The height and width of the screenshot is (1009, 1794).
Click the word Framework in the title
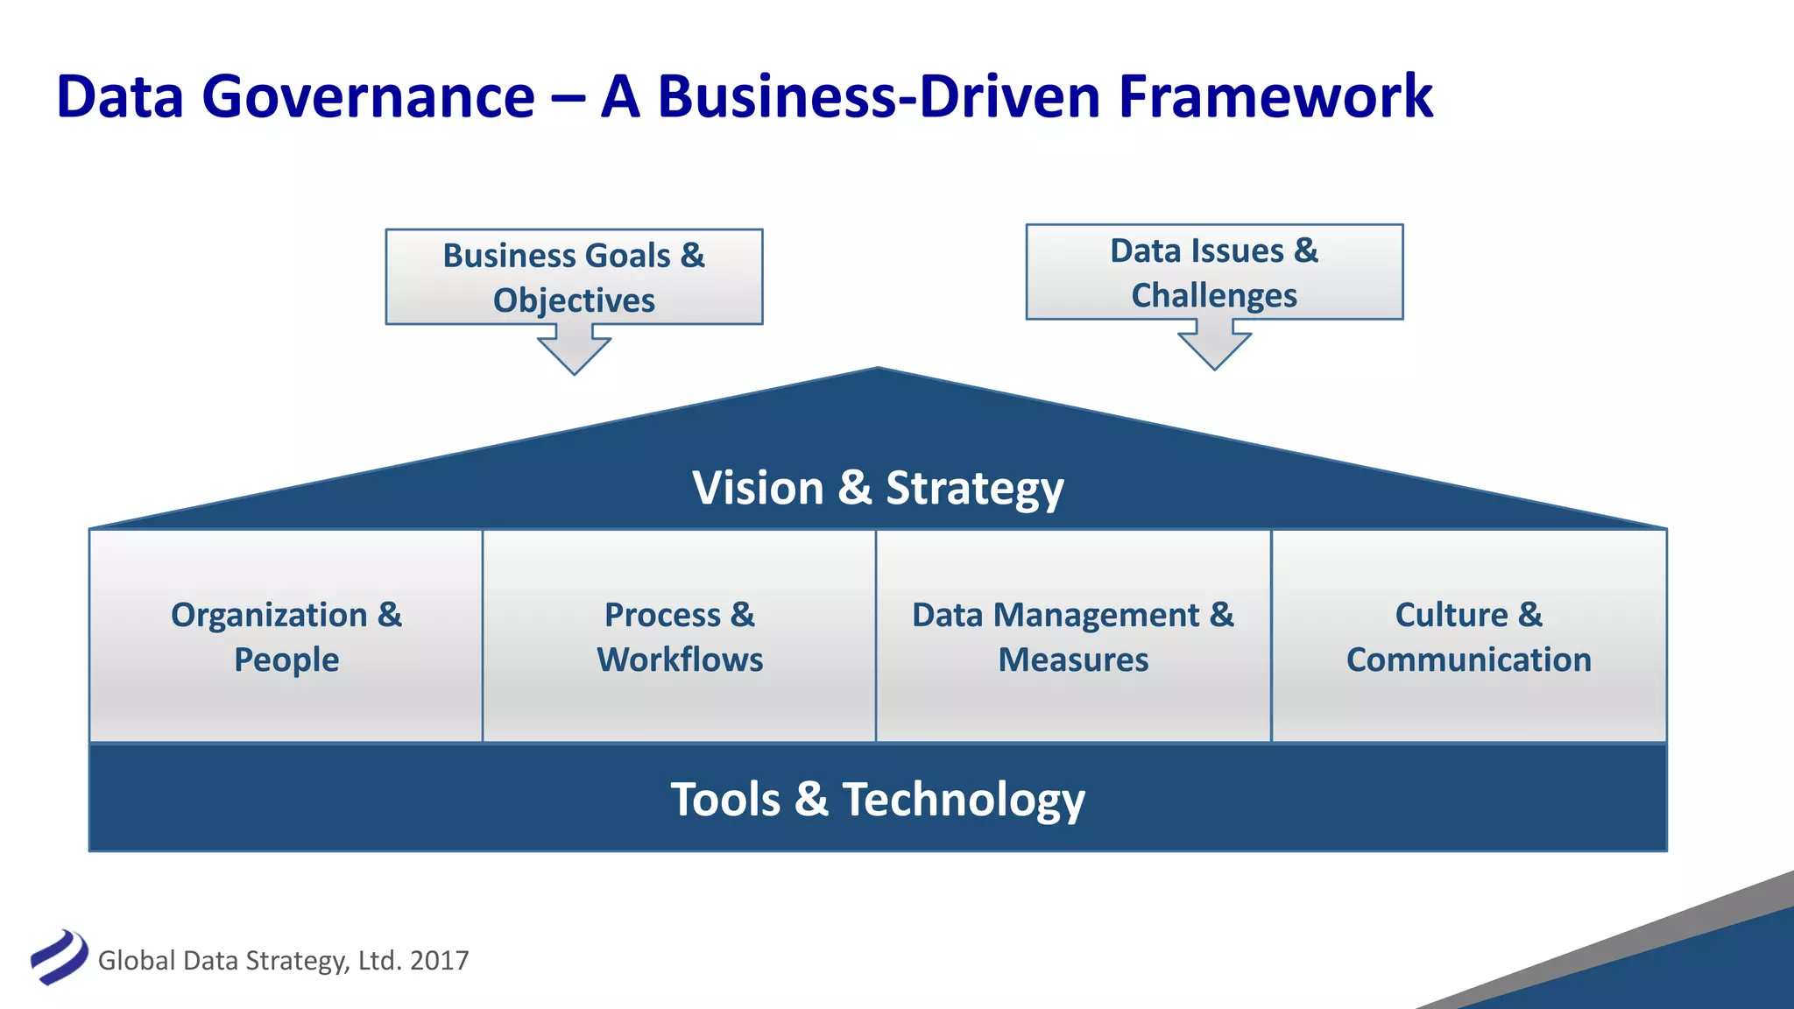click(x=1275, y=96)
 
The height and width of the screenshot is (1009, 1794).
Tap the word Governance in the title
click(x=368, y=96)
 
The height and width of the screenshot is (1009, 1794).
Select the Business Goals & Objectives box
click(x=574, y=277)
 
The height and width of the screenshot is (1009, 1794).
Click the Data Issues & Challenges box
click(x=1214, y=272)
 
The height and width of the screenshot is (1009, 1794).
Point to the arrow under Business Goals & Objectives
click(x=574, y=350)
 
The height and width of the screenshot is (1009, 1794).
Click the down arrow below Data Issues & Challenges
click(x=1214, y=346)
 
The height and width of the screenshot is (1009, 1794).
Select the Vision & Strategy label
click(x=878, y=488)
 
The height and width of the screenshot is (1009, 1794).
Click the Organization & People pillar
click(x=286, y=637)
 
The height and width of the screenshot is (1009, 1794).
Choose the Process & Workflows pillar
click(x=680, y=637)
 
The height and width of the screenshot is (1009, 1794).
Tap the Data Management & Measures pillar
click(x=1073, y=637)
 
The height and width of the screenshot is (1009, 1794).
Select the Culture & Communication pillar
click(x=1468, y=637)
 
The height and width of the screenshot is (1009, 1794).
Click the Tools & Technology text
click(x=878, y=799)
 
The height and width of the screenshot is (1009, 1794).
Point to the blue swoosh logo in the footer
click(x=59, y=956)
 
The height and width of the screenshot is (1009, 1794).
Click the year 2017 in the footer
click(x=439, y=961)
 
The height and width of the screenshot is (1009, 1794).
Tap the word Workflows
click(x=680, y=660)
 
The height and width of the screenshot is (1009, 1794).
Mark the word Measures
click(x=1073, y=660)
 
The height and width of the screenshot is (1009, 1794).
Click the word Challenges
click(x=1214, y=296)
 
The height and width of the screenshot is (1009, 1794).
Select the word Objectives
click(x=574, y=300)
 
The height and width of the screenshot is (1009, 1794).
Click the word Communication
click(x=1468, y=660)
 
